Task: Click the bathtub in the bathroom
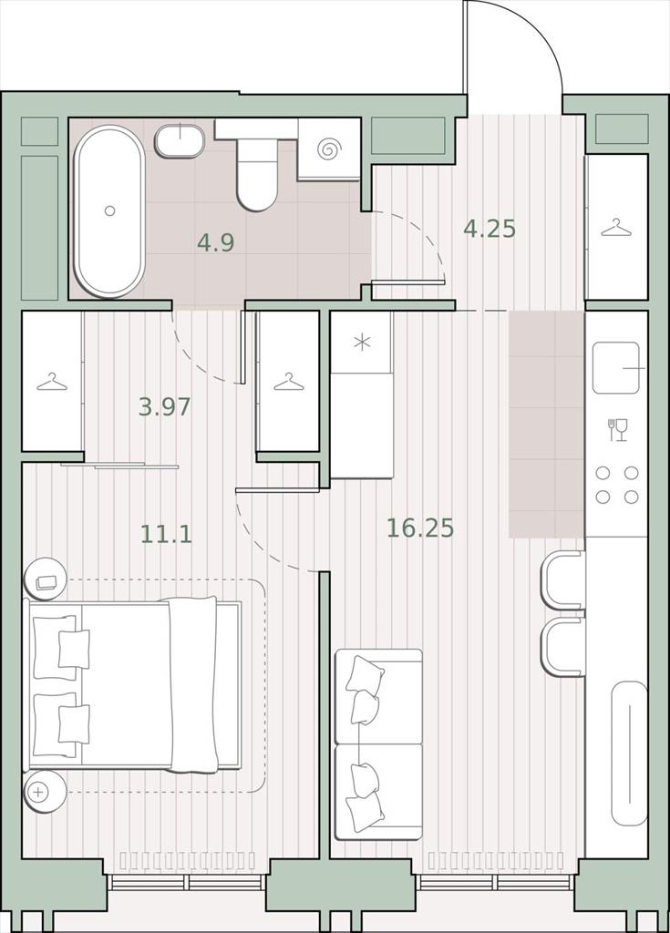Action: [109, 211]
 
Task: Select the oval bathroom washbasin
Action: [180, 141]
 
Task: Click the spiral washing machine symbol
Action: [329, 149]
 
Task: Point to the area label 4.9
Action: [216, 242]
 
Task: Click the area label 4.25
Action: [489, 229]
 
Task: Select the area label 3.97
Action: [164, 407]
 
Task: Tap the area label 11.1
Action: [166, 534]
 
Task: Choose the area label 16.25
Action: [420, 528]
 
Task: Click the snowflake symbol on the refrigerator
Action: [362, 343]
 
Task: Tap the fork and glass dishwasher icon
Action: [618, 430]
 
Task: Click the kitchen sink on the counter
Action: [616, 367]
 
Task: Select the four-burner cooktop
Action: [617, 485]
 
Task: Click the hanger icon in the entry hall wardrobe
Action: [617, 227]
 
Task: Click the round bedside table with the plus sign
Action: [44, 792]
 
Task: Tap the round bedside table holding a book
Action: [46, 579]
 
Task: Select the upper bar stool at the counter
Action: [562, 579]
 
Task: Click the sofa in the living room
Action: [379, 743]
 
